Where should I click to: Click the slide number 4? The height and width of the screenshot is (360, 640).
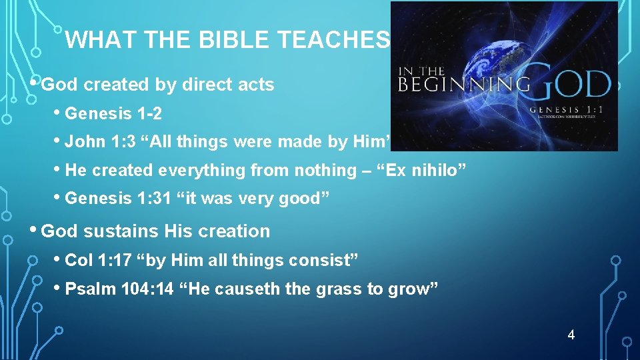pyautogui.click(x=571, y=335)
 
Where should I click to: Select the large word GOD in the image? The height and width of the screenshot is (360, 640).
pyautogui.click(x=572, y=85)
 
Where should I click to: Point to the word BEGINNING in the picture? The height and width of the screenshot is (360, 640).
pyautogui.click(x=464, y=85)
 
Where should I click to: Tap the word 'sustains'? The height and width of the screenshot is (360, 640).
pyautogui.click(x=123, y=231)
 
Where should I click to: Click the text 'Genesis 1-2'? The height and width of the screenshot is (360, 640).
pyautogui.click(x=113, y=113)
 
